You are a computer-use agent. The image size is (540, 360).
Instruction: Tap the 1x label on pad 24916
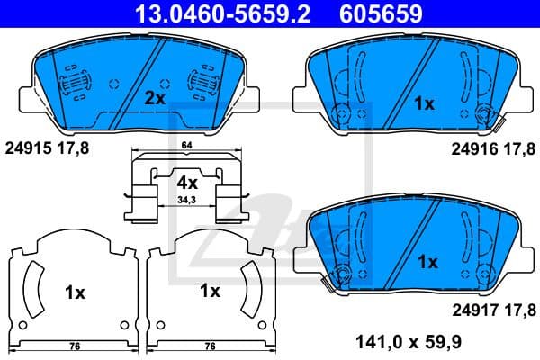[423, 104]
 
